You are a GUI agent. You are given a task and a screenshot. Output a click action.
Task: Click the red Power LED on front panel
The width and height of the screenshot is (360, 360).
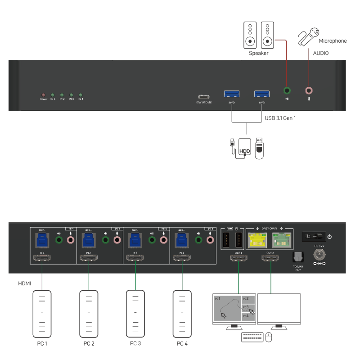[43, 95]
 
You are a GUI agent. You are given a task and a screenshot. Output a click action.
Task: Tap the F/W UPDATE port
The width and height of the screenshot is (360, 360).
[204, 97]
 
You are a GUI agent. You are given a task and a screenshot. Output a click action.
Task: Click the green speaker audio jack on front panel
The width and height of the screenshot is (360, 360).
[287, 90]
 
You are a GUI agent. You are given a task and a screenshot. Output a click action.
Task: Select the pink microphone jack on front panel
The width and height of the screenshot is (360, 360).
[309, 90]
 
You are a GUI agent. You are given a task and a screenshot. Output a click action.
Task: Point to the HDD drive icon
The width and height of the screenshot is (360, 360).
[245, 148]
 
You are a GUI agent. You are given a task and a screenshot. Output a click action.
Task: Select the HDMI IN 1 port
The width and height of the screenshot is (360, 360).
[42, 259]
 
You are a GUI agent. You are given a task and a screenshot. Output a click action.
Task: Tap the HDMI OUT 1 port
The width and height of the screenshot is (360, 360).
[238, 259]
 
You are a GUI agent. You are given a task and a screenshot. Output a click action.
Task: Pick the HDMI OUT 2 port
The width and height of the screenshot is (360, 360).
[270, 259]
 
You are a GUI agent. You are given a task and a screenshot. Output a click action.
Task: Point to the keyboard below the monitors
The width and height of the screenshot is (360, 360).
[252, 337]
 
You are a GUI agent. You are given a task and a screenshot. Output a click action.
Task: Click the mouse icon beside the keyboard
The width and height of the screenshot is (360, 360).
[269, 337]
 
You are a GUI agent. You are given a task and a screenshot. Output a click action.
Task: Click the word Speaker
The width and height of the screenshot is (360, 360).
[259, 53]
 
